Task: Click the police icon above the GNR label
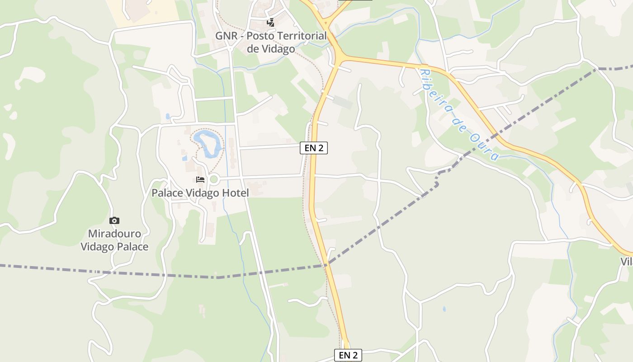[x=270, y=22]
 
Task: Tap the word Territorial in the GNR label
[x=302, y=36]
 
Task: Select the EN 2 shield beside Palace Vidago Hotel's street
[x=313, y=148]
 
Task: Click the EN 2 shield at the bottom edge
[x=348, y=355]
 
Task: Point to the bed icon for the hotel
[x=200, y=180]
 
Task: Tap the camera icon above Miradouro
[x=114, y=221]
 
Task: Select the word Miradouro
[x=114, y=234]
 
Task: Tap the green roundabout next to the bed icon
[x=214, y=180]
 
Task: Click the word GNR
[x=225, y=36]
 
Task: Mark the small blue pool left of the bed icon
[x=185, y=158]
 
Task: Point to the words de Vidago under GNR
[x=271, y=49]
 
